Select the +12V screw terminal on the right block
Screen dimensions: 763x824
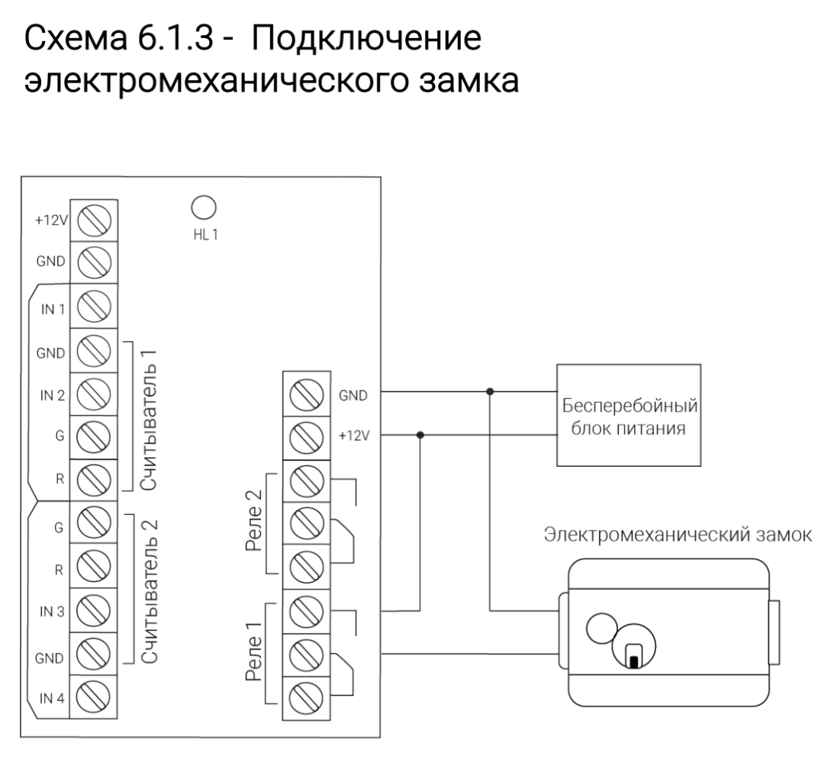305,437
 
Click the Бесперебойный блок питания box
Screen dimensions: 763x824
629,415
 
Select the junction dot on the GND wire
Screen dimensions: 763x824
490,392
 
